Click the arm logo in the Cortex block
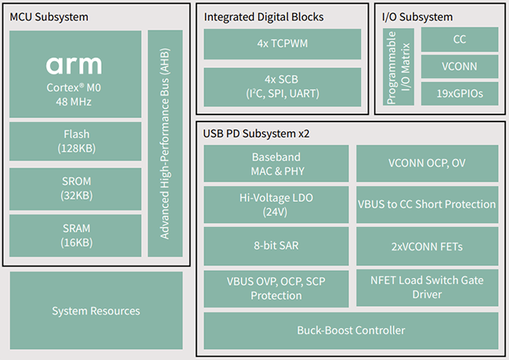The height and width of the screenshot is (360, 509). (x=75, y=65)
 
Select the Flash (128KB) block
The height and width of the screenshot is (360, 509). (x=75, y=141)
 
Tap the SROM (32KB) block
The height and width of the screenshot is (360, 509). (x=75, y=189)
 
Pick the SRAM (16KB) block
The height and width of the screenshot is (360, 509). (x=75, y=235)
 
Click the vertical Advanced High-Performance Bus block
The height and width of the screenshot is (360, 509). (x=165, y=143)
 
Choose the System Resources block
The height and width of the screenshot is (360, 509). (x=96, y=311)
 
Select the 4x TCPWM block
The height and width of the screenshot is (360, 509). (x=282, y=44)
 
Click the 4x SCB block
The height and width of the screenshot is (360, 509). (x=282, y=87)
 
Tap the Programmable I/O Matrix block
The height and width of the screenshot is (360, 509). (x=399, y=67)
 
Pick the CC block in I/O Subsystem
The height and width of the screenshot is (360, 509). (x=459, y=39)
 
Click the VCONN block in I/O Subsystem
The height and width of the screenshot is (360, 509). (x=459, y=67)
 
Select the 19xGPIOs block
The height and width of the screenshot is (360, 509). (x=459, y=94)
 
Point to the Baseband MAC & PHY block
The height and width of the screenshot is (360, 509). (x=276, y=164)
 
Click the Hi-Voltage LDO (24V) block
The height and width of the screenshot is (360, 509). (x=276, y=205)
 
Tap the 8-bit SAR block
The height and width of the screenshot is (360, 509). (x=276, y=246)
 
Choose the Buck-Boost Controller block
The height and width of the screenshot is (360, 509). (x=351, y=330)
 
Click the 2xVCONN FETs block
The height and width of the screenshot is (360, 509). (x=427, y=246)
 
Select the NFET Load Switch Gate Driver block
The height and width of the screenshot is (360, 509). (x=427, y=287)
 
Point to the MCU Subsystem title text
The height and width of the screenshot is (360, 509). (x=49, y=16)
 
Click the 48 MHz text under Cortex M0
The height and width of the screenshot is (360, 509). (x=75, y=101)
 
